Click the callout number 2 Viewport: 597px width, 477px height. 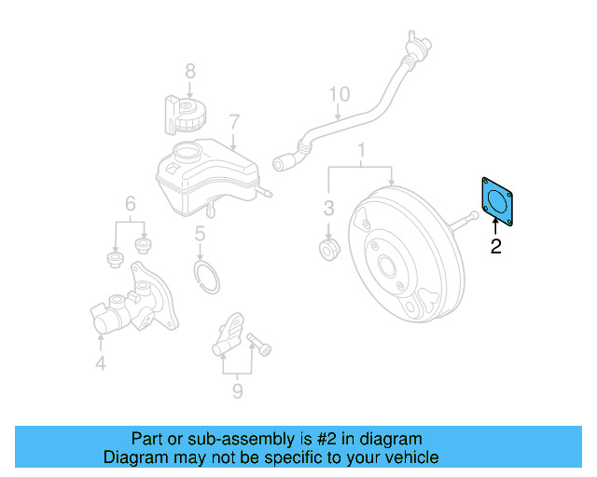[x=495, y=247]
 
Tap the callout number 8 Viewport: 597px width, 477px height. [x=189, y=70]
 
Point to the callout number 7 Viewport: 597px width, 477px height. [x=234, y=121]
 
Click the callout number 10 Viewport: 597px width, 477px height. [x=338, y=94]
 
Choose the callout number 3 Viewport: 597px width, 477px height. [x=328, y=206]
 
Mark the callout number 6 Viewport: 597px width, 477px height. [x=131, y=203]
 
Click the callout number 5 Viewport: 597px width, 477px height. [x=200, y=235]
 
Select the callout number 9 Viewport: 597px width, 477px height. [x=237, y=391]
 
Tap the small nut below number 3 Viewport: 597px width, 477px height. [x=328, y=250]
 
